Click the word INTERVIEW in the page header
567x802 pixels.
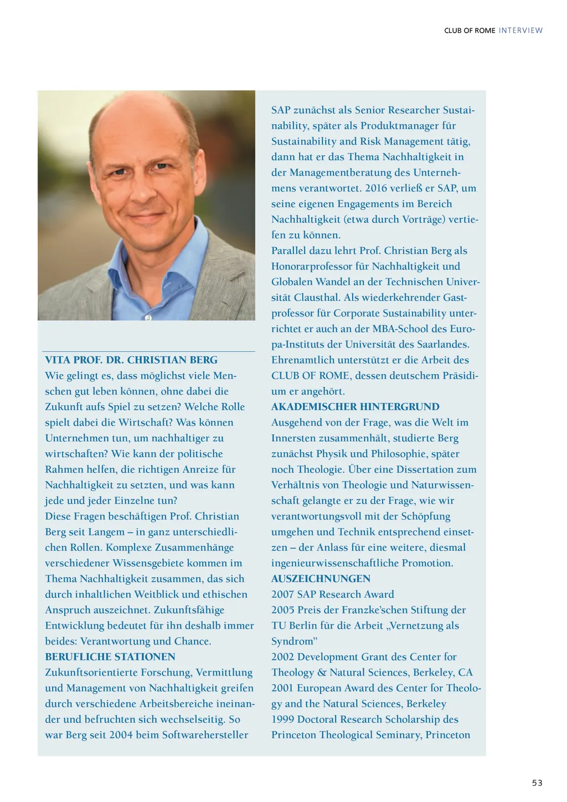pos(520,30)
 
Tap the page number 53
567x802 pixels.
pos(537,783)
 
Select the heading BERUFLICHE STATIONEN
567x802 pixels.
pos(110,657)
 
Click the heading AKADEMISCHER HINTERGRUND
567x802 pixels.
pos(355,407)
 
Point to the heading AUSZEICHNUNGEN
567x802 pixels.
pos(321,579)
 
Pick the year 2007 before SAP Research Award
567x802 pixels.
pos(283,594)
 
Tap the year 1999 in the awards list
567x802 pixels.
pos(283,719)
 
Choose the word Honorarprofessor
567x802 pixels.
pos(312,267)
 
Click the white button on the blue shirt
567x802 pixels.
pos(148,318)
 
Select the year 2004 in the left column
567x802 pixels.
pos(121,735)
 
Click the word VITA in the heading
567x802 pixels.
pos(58,360)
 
